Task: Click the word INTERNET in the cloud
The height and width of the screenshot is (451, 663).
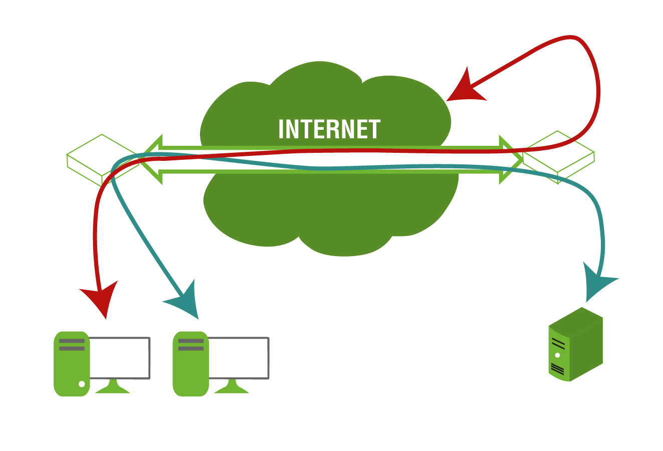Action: coord(329,129)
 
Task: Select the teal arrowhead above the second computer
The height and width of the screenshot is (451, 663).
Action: coord(185,302)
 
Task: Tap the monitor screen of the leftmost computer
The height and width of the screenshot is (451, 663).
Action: coord(119,357)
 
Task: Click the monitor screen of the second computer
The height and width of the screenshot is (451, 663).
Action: coord(239,357)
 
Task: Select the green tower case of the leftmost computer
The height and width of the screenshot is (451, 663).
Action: coord(71,364)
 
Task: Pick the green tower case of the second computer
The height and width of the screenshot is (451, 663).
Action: coord(190,364)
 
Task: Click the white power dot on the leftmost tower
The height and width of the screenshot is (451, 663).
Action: coord(82,384)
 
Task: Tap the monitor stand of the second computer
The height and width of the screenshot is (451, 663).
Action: coord(232,387)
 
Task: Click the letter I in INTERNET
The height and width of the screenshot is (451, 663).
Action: coord(281,129)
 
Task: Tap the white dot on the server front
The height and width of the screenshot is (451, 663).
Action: coord(557,355)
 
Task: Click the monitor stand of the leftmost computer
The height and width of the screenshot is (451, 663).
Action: coord(113,387)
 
